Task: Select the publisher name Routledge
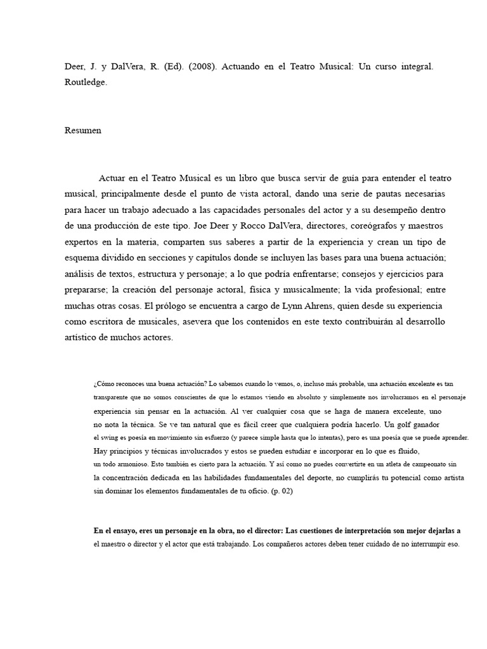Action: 86,82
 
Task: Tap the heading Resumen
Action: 82,131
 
